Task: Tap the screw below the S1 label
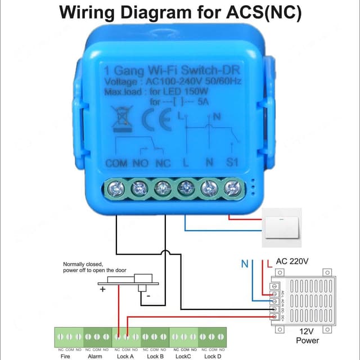[x=231, y=188]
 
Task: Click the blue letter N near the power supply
[x=245, y=263]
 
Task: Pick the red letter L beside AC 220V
[x=269, y=263]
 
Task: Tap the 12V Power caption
[x=307, y=336]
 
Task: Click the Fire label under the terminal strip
[x=65, y=356]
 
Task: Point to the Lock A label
[x=125, y=356]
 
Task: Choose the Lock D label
[x=212, y=356]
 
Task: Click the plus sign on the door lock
[x=103, y=290]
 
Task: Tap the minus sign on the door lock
[x=147, y=295]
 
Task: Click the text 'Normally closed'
[x=82, y=264]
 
